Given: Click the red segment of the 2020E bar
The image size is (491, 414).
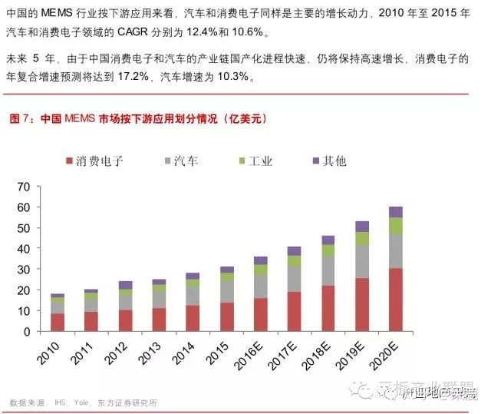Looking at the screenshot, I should (395, 300).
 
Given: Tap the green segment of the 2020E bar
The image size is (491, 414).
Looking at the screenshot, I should (395, 225).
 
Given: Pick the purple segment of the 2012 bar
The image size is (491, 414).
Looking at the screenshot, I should (125, 285).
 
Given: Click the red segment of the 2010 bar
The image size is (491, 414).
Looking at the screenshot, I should (58, 322).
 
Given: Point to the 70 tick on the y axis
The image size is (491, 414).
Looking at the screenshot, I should (22, 187).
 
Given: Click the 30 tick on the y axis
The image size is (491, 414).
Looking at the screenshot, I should (22, 270).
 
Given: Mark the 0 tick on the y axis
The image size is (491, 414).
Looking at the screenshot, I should (25, 332).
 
